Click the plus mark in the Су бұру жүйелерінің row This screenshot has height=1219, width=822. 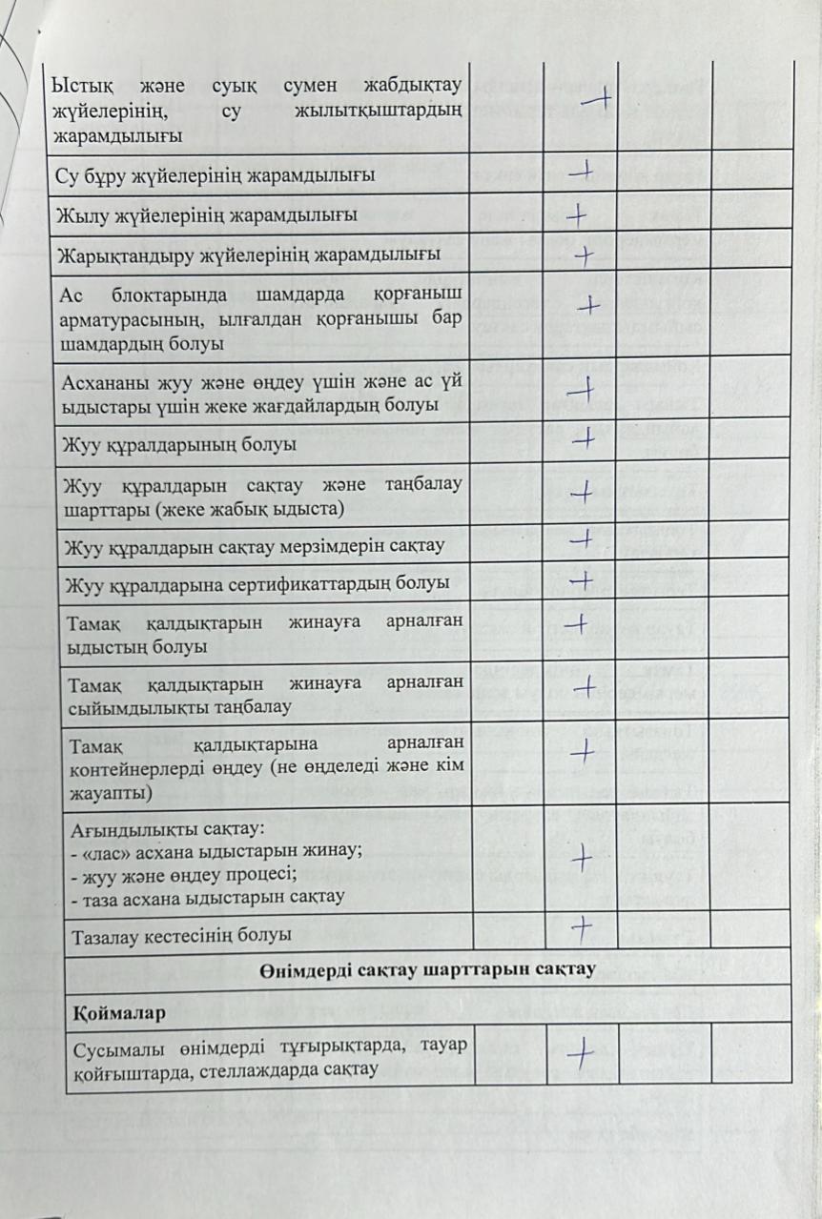point(581,172)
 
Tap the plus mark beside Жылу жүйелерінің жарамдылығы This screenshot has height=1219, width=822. point(576,214)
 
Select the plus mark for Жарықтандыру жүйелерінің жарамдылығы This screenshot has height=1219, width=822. point(585,254)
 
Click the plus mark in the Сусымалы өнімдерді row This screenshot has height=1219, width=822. point(581,1051)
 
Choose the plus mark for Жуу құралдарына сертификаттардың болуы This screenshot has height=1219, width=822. point(581,579)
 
